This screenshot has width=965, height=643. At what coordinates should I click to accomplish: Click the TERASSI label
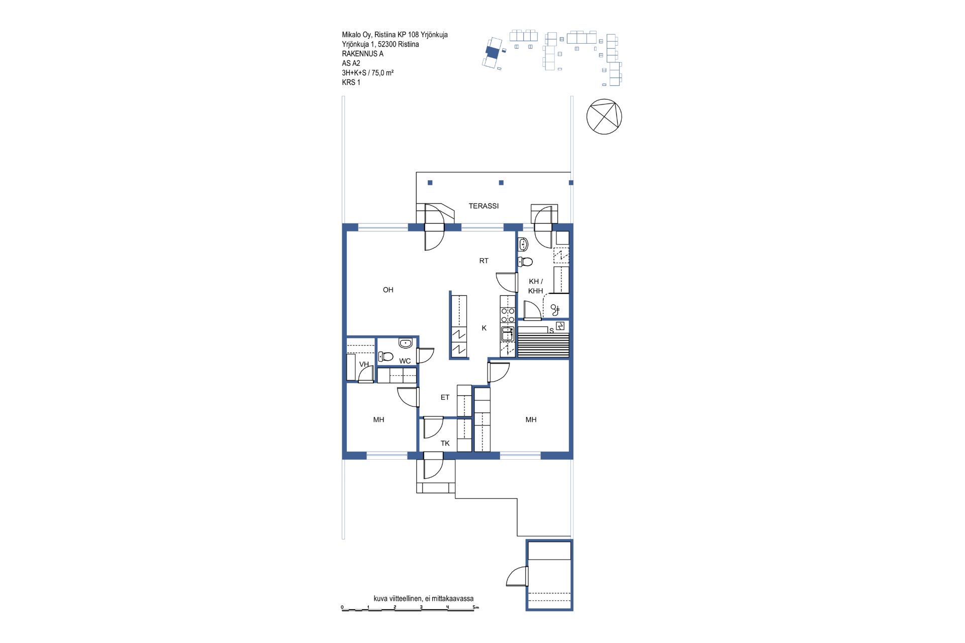click(x=484, y=206)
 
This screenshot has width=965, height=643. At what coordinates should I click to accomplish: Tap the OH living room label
click(x=388, y=290)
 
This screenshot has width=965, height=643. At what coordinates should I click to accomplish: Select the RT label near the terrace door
click(x=484, y=261)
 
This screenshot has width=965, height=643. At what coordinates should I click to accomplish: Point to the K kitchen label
click(x=484, y=328)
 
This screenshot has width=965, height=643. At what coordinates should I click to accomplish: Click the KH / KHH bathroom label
click(x=536, y=286)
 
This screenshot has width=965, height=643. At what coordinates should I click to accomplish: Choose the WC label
click(x=405, y=361)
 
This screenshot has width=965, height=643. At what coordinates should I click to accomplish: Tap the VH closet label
click(x=364, y=364)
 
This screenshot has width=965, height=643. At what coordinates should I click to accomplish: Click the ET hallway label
click(x=445, y=397)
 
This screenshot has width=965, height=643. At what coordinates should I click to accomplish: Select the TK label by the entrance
click(x=445, y=443)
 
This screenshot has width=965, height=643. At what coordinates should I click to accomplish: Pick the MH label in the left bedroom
click(x=378, y=419)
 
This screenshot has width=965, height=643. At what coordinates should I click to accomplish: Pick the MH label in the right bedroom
click(x=531, y=419)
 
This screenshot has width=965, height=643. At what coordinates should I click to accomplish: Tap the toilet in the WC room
click(x=385, y=356)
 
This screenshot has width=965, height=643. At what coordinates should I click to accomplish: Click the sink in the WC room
click(x=405, y=344)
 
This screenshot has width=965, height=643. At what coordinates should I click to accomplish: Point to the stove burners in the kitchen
click(x=508, y=315)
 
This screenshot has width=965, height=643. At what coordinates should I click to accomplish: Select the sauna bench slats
click(x=543, y=345)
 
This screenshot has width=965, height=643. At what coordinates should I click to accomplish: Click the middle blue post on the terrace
click(x=501, y=183)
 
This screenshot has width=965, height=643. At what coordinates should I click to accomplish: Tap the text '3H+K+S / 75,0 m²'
click(x=367, y=73)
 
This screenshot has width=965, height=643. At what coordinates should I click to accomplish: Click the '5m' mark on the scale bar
click(x=475, y=607)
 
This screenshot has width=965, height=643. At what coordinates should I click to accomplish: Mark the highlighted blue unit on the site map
click(x=493, y=51)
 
